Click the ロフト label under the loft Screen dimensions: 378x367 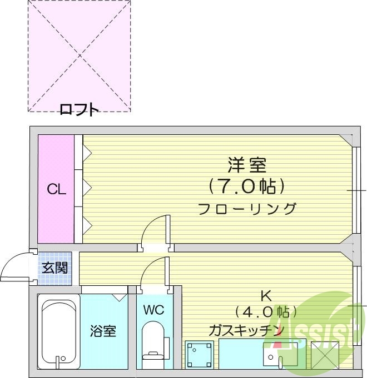(x=79, y=110)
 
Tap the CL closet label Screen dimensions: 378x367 (x=56, y=190)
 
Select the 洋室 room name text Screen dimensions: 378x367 (x=247, y=165)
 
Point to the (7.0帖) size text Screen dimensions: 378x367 (x=247, y=187)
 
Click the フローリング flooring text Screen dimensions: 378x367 (x=247, y=209)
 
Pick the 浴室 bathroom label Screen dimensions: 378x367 (x=103, y=331)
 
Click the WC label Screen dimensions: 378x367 (x=153, y=310)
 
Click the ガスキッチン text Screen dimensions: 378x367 (x=247, y=331)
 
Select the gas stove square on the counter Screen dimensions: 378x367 (x=199, y=354)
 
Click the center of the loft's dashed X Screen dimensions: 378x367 (x=80, y=55)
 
